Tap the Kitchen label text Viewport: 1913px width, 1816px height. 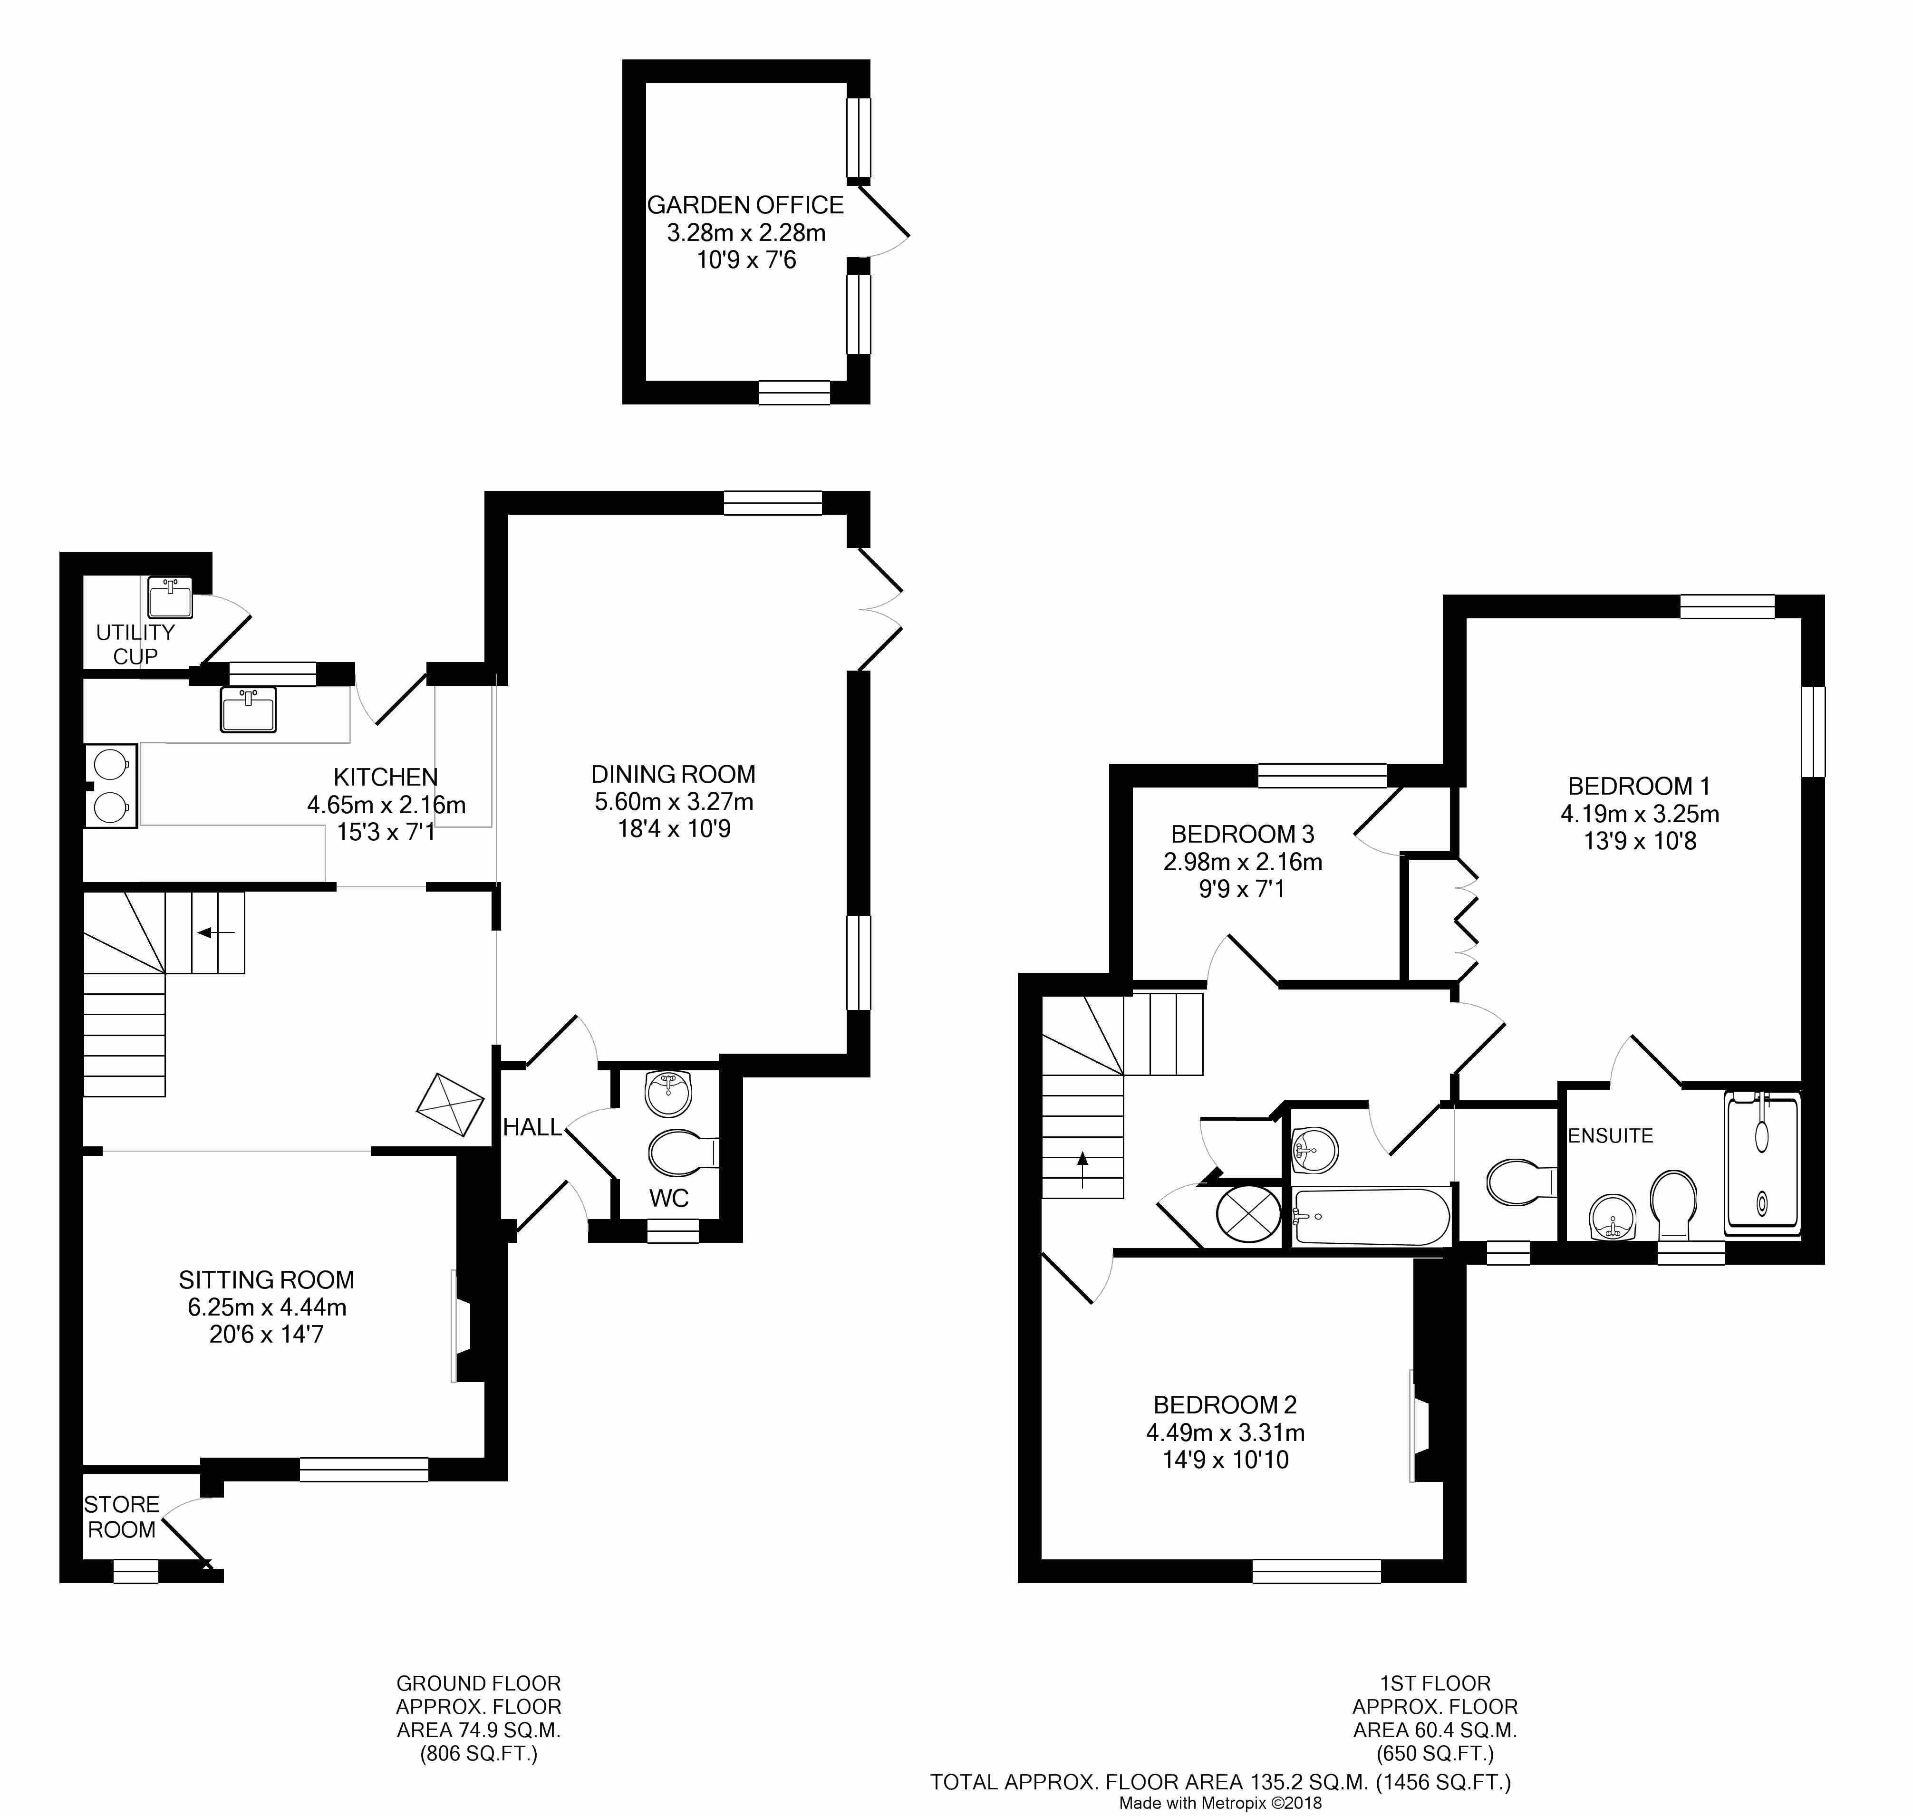click(x=386, y=776)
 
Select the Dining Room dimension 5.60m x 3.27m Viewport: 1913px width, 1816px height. click(x=674, y=801)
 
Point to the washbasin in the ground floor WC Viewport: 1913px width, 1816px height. click(x=668, y=1094)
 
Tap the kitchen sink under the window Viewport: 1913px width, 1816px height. click(x=249, y=710)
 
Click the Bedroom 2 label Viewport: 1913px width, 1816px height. click(x=1225, y=1404)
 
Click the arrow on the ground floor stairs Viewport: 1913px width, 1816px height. click(x=217, y=932)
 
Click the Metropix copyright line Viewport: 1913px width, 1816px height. click(x=1220, y=1804)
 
